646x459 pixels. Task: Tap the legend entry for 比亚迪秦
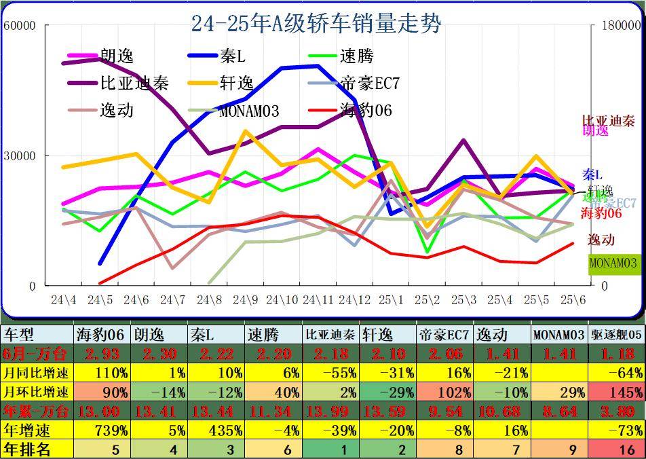pyautogui.click(x=134, y=84)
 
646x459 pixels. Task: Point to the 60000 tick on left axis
pyautogui.click(x=20, y=26)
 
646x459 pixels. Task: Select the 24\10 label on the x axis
pyautogui.click(x=282, y=299)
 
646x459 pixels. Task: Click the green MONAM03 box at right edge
pyautogui.click(x=613, y=263)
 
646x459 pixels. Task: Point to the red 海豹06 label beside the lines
pyautogui.click(x=603, y=213)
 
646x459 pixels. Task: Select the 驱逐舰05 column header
pyautogui.click(x=615, y=335)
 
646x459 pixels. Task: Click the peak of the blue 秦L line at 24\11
pyautogui.click(x=318, y=66)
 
